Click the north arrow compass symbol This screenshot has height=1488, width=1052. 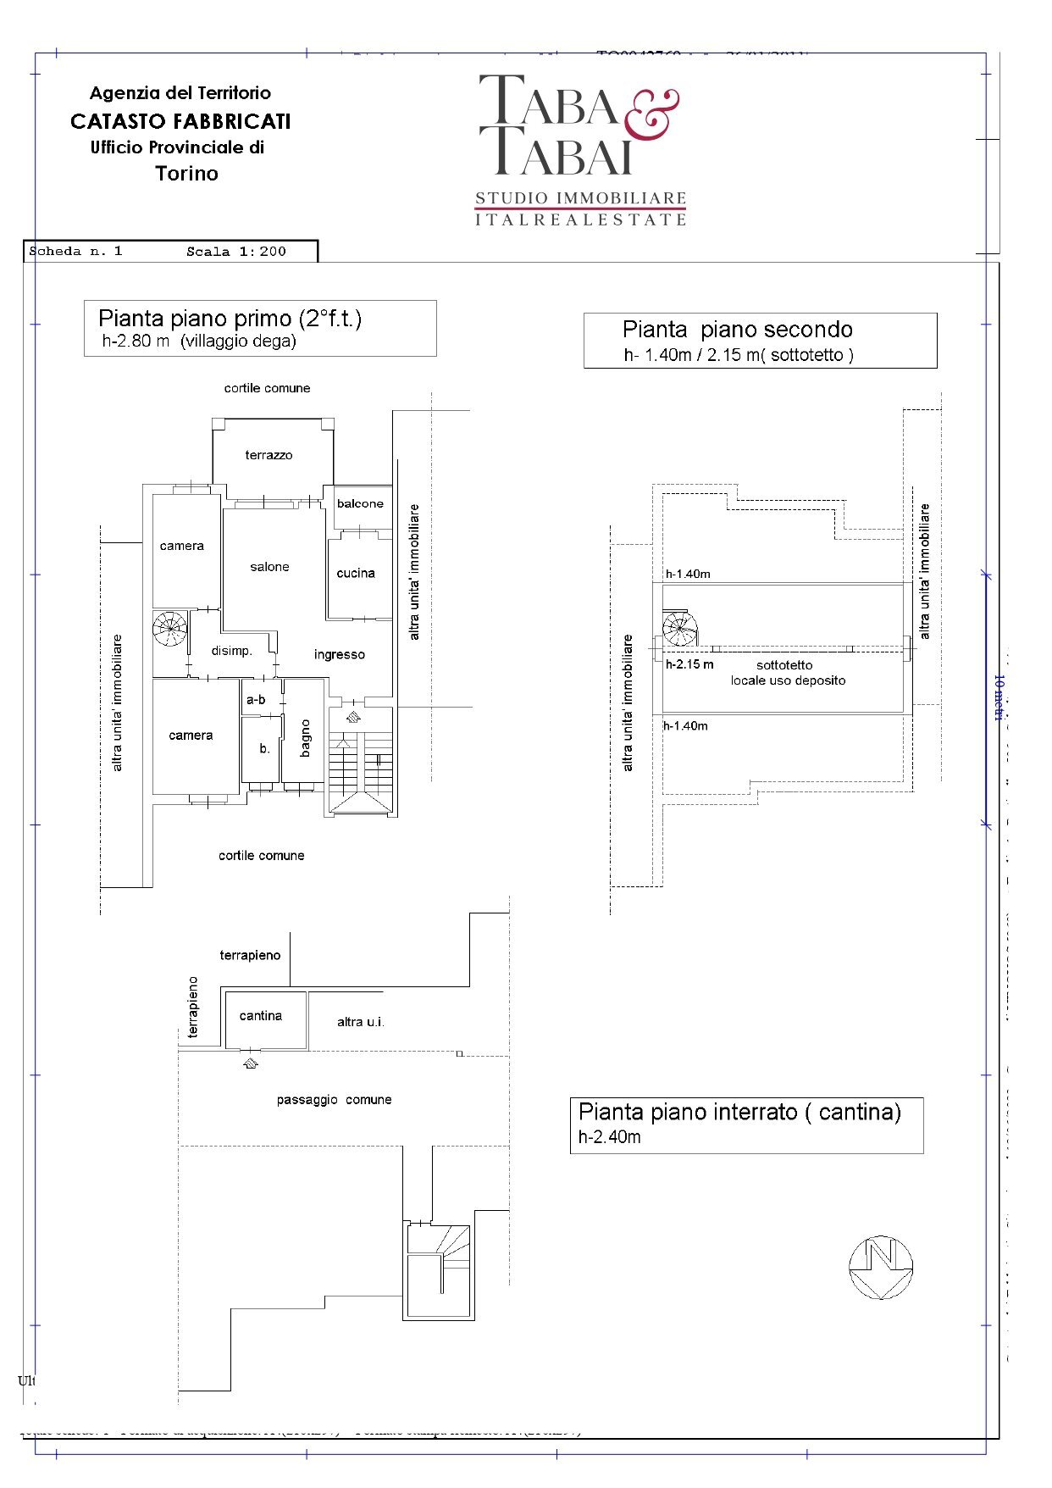coord(881,1267)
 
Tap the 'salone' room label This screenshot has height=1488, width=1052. coord(269,567)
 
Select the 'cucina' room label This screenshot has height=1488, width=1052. coord(356,573)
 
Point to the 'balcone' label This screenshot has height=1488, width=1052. coord(360,503)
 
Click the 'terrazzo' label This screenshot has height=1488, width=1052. coord(269,455)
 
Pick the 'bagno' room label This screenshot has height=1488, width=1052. coord(305,737)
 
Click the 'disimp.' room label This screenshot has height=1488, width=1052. coord(231,651)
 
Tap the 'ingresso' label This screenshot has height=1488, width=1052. coord(339,654)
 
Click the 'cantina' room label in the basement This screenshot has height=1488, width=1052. coord(260,1015)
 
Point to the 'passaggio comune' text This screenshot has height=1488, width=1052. coord(334,1100)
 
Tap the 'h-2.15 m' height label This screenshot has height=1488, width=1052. coord(689,664)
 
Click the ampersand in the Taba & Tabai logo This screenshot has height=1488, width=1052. coord(652,114)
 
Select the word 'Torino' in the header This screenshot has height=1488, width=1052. coord(186,174)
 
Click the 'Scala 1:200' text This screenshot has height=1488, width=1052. coord(236,252)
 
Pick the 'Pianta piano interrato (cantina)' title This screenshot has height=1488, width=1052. coord(739,1112)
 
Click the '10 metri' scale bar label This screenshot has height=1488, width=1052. coord(999,697)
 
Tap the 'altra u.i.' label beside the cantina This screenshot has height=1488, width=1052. coord(361,1022)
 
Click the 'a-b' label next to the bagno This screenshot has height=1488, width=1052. coord(256,699)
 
